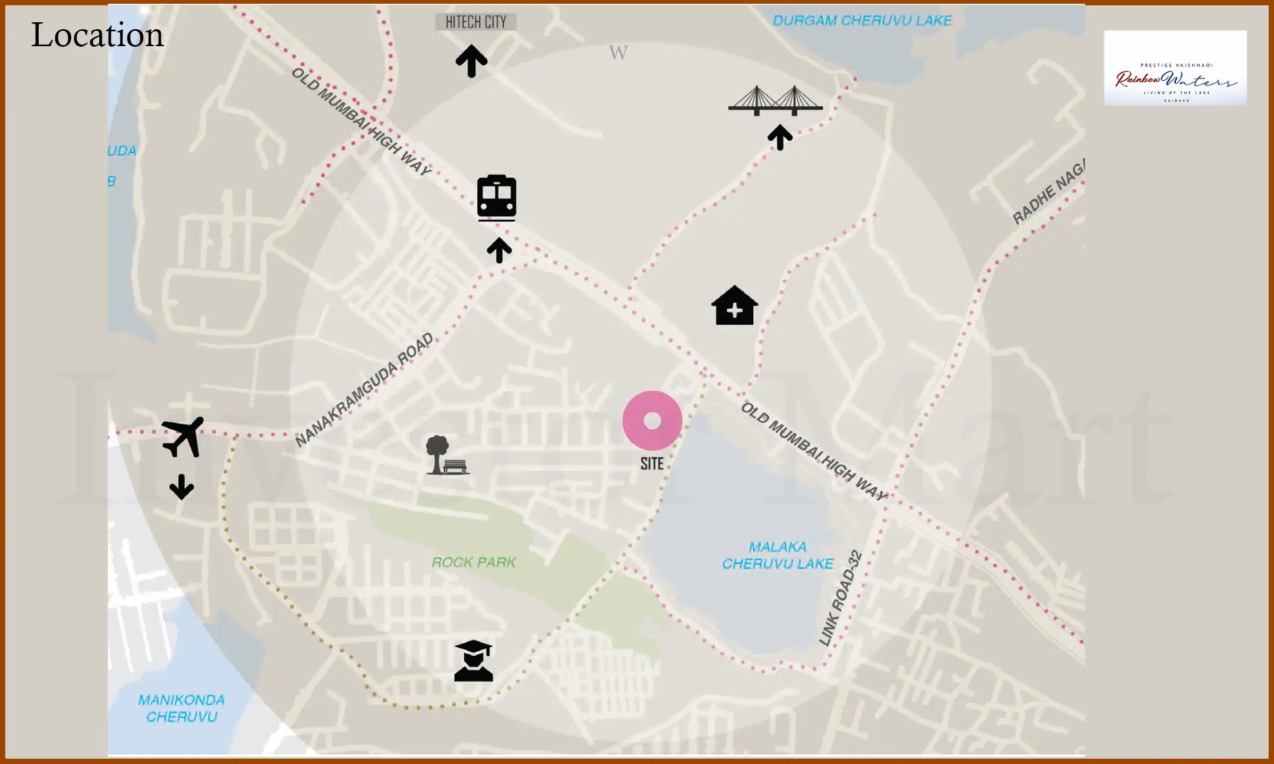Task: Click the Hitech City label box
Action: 476,22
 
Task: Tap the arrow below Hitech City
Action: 471,60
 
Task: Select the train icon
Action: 496,197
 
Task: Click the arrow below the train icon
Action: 499,250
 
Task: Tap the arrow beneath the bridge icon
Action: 780,137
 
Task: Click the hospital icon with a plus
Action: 734,306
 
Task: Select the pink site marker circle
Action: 652,420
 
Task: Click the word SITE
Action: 652,464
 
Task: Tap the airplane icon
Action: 183,437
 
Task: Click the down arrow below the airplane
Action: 182,487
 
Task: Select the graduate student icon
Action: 474,661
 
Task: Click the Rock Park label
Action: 474,562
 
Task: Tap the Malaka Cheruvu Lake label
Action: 778,555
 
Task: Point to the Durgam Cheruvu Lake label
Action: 862,21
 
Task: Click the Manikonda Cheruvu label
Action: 182,708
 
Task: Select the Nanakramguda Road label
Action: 364,389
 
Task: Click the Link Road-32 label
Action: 840,598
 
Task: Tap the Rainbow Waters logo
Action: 1175,68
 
